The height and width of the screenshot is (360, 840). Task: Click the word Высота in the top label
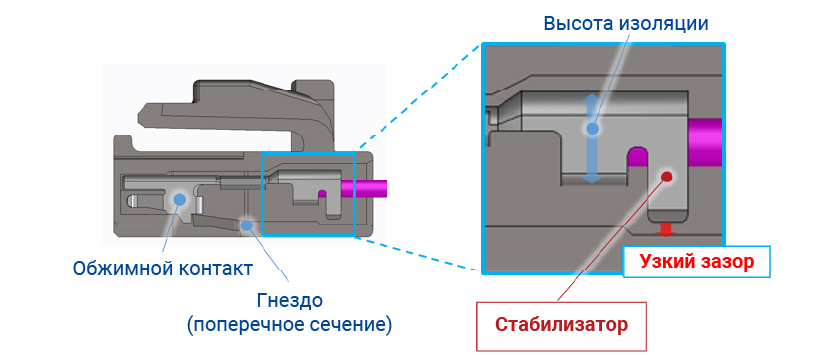click(x=578, y=23)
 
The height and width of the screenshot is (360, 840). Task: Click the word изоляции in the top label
click(x=664, y=24)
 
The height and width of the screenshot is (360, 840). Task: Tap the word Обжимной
click(x=119, y=268)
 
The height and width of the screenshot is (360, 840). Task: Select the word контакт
click(x=212, y=268)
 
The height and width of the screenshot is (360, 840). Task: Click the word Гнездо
click(x=290, y=300)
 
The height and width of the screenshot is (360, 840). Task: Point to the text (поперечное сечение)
click(x=289, y=325)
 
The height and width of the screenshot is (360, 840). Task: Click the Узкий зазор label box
click(x=696, y=261)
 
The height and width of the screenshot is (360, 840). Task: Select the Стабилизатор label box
click(x=561, y=325)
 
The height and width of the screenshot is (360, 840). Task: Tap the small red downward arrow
click(x=665, y=229)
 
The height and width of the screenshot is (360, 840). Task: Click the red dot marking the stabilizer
click(x=666, y=176)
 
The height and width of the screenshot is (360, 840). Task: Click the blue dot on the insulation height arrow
click(x=592, y=129)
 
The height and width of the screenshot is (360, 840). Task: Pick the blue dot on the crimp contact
click(x=179, y=200)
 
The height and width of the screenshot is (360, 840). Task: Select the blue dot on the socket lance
click(x=246, y=225)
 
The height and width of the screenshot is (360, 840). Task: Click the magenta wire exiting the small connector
click(x=363, y=189)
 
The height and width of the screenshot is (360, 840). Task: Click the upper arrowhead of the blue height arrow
click(x=592, y=101)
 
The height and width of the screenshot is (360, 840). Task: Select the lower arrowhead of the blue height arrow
click(x=592, y=177)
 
